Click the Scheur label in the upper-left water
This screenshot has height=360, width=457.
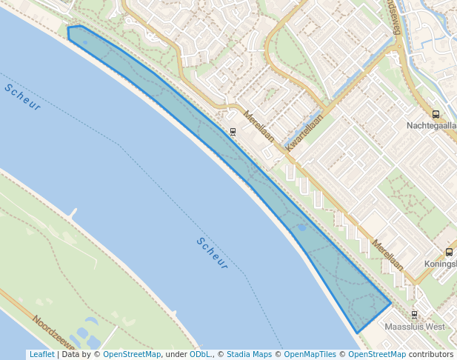coord(22,98)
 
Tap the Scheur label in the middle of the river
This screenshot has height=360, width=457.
coord(212,252)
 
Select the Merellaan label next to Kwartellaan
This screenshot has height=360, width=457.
coord(259,127)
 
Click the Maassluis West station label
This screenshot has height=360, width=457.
coord(415,326)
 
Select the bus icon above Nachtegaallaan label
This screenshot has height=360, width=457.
coord(436,114)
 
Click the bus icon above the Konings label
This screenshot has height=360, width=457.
coord(449,252)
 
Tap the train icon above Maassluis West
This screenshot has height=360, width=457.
coord(414,314)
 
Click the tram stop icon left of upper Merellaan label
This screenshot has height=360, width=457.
coord(233,132)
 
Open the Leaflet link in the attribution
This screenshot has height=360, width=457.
coord(41,354)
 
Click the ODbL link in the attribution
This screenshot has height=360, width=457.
coord(200,354)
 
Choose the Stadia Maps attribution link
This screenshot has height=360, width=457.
coord(249,354)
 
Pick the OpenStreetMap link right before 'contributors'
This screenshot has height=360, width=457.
coord(377,354)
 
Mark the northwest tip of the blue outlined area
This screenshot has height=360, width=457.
coord(68,28)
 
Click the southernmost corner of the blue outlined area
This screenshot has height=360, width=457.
coord(357,332)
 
